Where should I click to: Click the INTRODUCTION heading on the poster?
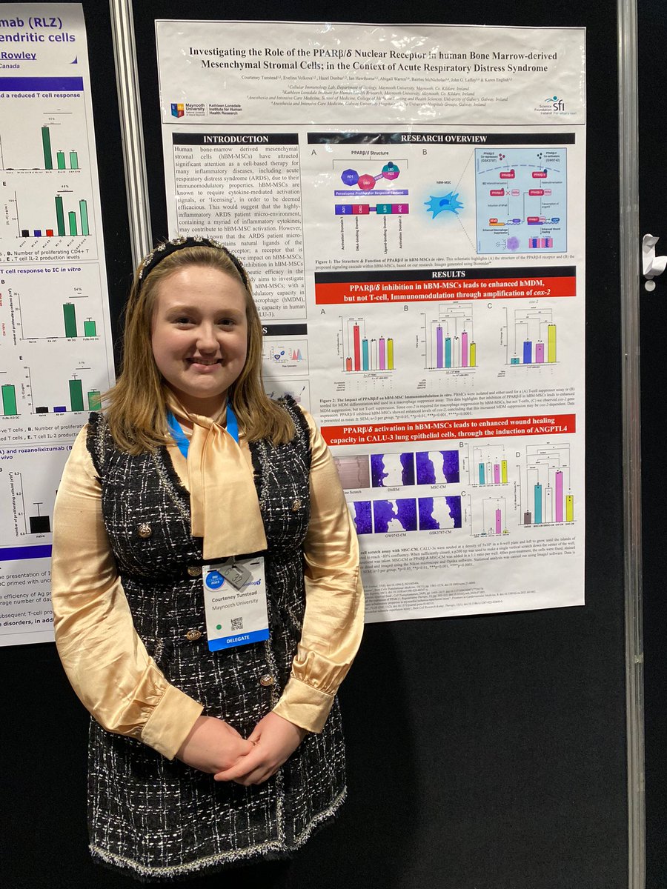tap(236, 139)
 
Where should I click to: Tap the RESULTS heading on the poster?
tap(445, 274)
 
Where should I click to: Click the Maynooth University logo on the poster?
tap(178, 110)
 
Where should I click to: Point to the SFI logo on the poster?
tap(554, 104)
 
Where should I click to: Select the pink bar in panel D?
tap(558, 496)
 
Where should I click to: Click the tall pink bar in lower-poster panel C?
tap(498, 520)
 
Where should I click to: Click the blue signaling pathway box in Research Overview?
tap(520, 200)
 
